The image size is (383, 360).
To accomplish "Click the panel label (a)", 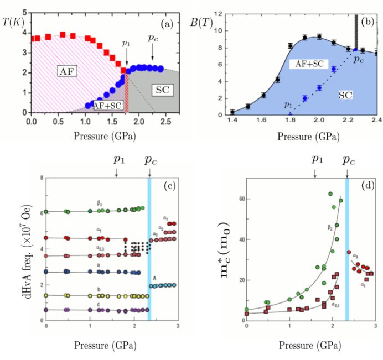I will coord(168,24).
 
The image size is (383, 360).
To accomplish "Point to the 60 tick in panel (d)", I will coord(239,199).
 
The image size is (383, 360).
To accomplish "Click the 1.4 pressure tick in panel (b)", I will coord(232,121).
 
